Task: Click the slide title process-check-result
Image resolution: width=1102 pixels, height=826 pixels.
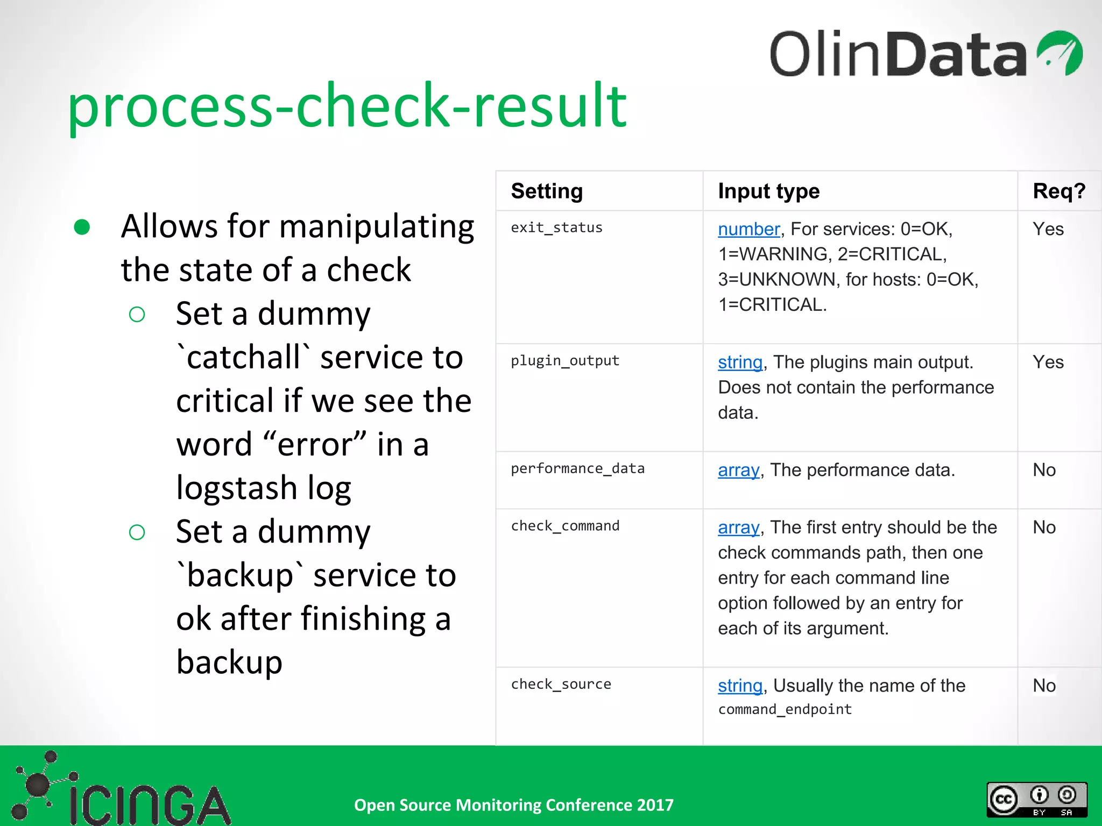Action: pos(347,106)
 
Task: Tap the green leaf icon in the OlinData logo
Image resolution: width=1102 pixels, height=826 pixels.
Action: pos(1059,53)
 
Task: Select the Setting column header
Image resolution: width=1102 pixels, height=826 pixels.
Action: pos(547,191)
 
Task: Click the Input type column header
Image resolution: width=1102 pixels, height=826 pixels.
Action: pos(768,191)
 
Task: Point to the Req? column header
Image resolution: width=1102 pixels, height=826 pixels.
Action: pos(1058,191)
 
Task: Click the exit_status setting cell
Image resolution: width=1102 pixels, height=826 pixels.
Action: pos(556,228)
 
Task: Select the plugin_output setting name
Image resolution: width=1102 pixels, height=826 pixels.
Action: pos(565,361)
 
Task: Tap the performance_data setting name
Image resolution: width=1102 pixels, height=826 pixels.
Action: pos(577,469)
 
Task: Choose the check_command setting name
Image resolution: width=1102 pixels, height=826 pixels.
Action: pos(565,526)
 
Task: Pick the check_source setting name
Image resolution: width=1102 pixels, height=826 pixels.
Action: pos(561,685)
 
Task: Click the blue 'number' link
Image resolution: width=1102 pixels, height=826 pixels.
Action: pos(748,230)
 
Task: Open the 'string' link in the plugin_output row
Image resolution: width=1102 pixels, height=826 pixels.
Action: pos(740,362)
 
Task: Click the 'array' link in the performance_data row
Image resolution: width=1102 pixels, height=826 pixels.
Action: pos(738,471)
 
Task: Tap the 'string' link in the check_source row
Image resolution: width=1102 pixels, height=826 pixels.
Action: pos(740,686)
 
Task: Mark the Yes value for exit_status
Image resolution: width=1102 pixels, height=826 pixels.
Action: pos(1048,230)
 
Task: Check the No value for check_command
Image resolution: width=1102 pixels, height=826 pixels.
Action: pos(1044,528)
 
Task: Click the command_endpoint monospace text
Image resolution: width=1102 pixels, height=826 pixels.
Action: pos(785,710)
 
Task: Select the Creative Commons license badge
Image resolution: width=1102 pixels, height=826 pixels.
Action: pos(1036,799)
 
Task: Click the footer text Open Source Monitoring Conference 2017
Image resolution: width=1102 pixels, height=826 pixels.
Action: pos(513,805)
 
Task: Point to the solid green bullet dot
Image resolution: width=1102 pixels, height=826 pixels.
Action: pos(82,227)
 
